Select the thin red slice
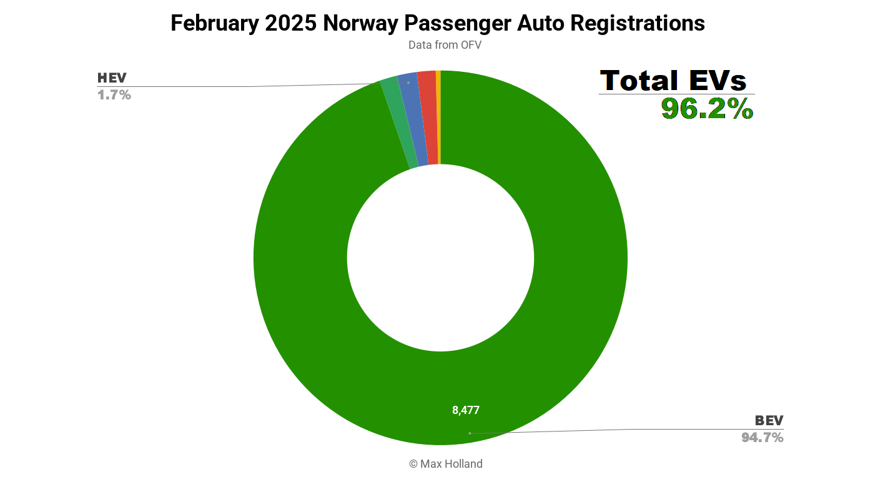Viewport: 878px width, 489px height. [428, 119]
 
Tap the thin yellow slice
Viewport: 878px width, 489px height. [438, 119]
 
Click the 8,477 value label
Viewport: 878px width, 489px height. [466, 410]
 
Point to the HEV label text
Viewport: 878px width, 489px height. [112, 78]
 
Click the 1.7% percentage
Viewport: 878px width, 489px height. [114, 95]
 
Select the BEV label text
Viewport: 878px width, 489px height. [769, 420]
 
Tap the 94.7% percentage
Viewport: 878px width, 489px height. [762, 438]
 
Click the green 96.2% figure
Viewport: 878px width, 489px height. [707, 109]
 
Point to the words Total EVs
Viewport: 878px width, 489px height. [673, 81]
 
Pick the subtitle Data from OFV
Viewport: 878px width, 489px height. [445, 45]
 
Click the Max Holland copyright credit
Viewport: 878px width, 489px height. [446, 464]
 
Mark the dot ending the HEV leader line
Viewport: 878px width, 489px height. [408, 83]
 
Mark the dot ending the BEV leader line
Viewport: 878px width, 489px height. [470, 433]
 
